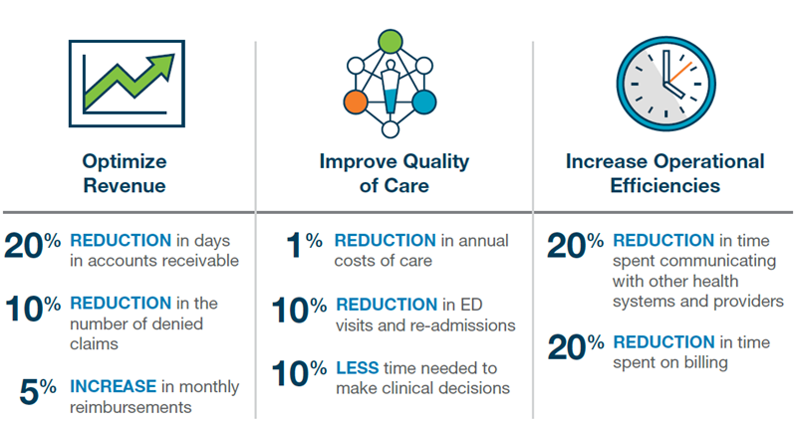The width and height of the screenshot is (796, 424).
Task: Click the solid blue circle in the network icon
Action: point(425,101)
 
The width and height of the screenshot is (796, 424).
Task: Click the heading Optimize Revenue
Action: point(126,172)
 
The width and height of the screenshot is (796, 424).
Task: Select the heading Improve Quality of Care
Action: point(394,172)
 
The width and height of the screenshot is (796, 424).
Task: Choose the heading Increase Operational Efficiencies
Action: point(664,172)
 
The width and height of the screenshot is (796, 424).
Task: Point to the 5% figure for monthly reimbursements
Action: point(42,390)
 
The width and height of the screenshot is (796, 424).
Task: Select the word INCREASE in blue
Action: point(113,385)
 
